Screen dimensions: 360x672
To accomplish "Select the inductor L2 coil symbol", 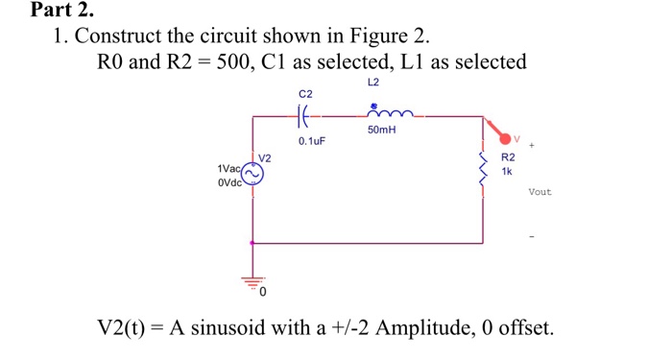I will click(x=376, y=116).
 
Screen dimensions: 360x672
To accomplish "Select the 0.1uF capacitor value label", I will click(x=311, y=141).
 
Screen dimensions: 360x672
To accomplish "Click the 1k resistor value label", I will click(x=508, y=170).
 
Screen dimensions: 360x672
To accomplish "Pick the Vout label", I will click(x=540, y=192).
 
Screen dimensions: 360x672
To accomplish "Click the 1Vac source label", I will click(x=229, y=168).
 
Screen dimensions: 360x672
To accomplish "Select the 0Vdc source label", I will click(x=229, y=180).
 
